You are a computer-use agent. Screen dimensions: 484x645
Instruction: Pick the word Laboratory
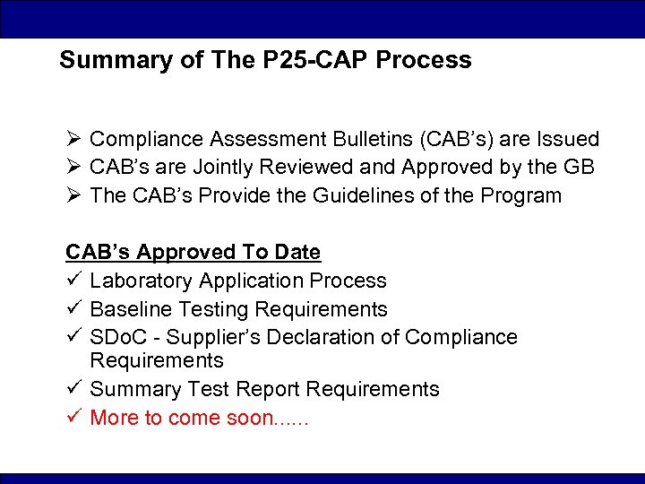[x=142, y=281]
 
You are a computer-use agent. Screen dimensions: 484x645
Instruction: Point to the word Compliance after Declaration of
[x=460, y=337]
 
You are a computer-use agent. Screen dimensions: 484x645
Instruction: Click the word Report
[x=270, y=389]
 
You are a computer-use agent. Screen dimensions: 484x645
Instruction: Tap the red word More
[x=115, y=418]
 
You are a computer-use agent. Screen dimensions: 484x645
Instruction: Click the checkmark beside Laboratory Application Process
[x=73, y=281]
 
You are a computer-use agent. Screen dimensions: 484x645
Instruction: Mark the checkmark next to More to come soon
[x=73, y=418]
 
